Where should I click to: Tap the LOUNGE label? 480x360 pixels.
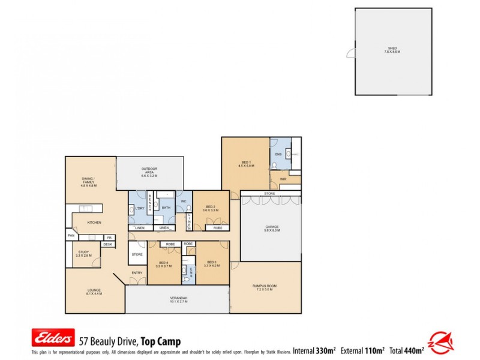(94, 292)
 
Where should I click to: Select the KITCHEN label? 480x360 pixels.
(94, 223)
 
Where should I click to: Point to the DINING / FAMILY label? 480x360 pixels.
(89, 181)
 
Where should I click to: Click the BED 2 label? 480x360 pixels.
(210, 208)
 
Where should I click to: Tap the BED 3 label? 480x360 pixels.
(212, 263)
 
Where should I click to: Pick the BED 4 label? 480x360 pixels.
(163, 265)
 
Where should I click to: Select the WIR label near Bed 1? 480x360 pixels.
(283, 179)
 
